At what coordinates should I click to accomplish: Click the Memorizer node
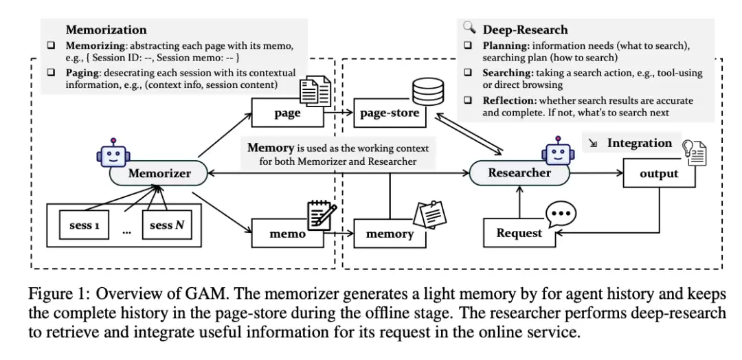[159, 174]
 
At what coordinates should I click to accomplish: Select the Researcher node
[519, 173]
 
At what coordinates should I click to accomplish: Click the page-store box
[389, 113]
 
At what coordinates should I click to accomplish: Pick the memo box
[286, 234]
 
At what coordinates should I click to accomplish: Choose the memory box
[389, 234]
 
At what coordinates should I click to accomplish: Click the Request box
[519, 233]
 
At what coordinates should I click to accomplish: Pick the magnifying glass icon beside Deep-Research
[470, 28]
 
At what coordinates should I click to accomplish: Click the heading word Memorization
[106, 30]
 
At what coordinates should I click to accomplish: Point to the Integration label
[639, 144]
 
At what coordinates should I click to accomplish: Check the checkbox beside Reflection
[469, 101]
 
